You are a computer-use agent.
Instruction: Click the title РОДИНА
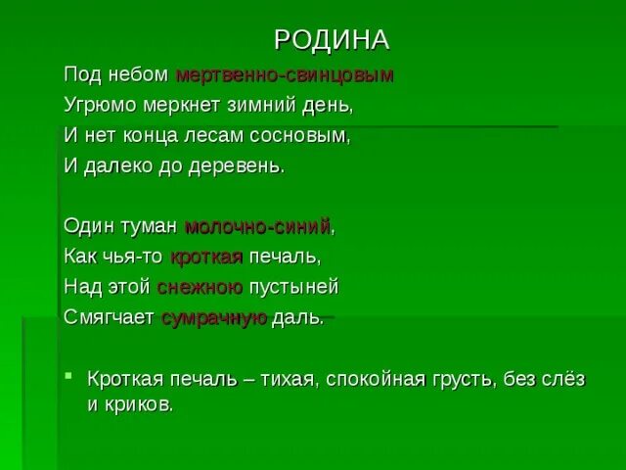coord(331,39)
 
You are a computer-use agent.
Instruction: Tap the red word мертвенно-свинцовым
coord(284,75)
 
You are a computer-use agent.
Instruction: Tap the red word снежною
coord(200,288)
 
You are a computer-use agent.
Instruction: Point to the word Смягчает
coord(109,319)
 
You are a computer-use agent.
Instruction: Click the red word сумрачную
coord(214,319)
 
